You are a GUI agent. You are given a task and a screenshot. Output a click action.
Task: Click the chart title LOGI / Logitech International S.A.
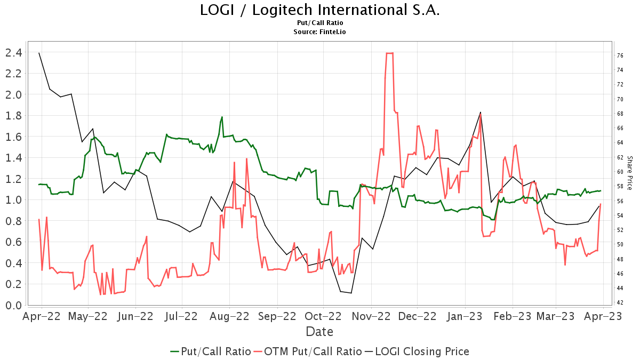tap(320, 10)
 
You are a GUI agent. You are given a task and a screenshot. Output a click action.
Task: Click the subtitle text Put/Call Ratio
tap(320, 23)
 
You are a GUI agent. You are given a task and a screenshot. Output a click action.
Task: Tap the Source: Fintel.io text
tap(320, 32)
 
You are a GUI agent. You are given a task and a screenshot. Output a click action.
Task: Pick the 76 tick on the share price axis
tap(620, 55)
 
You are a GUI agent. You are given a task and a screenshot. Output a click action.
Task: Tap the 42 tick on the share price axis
tap(620, 302)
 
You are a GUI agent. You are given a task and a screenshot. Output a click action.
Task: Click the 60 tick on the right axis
tap(620, 172)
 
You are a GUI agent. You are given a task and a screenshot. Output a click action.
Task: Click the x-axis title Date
tap(319, 331)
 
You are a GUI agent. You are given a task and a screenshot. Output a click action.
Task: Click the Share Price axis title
tap(629, 173)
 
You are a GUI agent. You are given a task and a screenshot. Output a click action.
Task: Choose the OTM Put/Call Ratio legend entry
tap(308, 351)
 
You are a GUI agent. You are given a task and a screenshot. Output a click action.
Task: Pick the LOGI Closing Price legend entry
tap(417, 351)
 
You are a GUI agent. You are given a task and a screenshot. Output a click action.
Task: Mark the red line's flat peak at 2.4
tap(389, 53)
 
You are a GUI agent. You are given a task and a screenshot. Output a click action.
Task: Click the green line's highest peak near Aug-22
tap(222, 117)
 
